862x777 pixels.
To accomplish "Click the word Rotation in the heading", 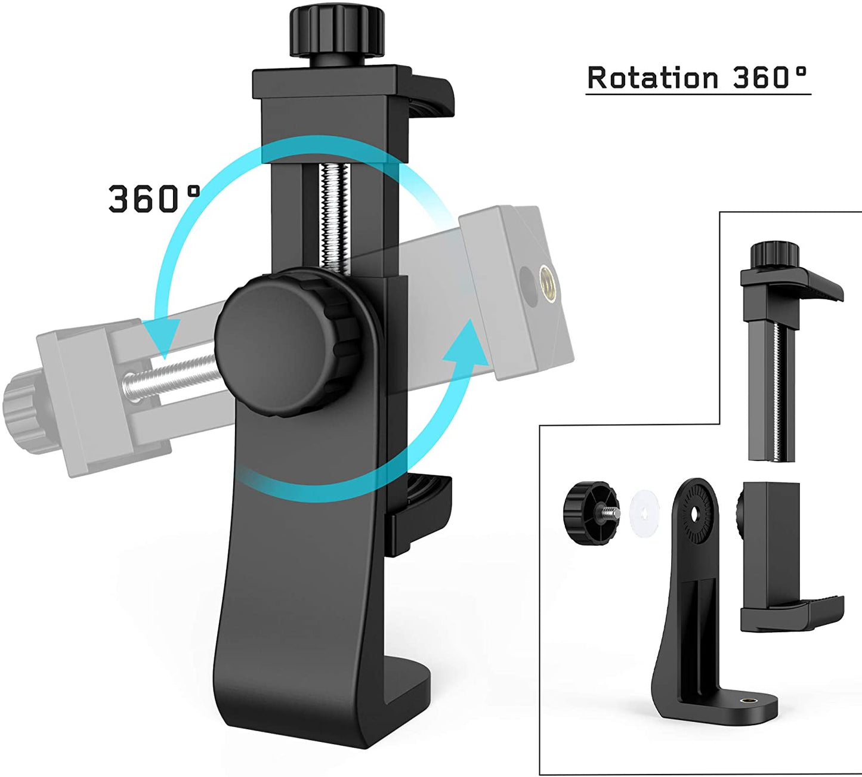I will pos(653,78).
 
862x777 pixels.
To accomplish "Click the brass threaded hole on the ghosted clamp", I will pos(546,277).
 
